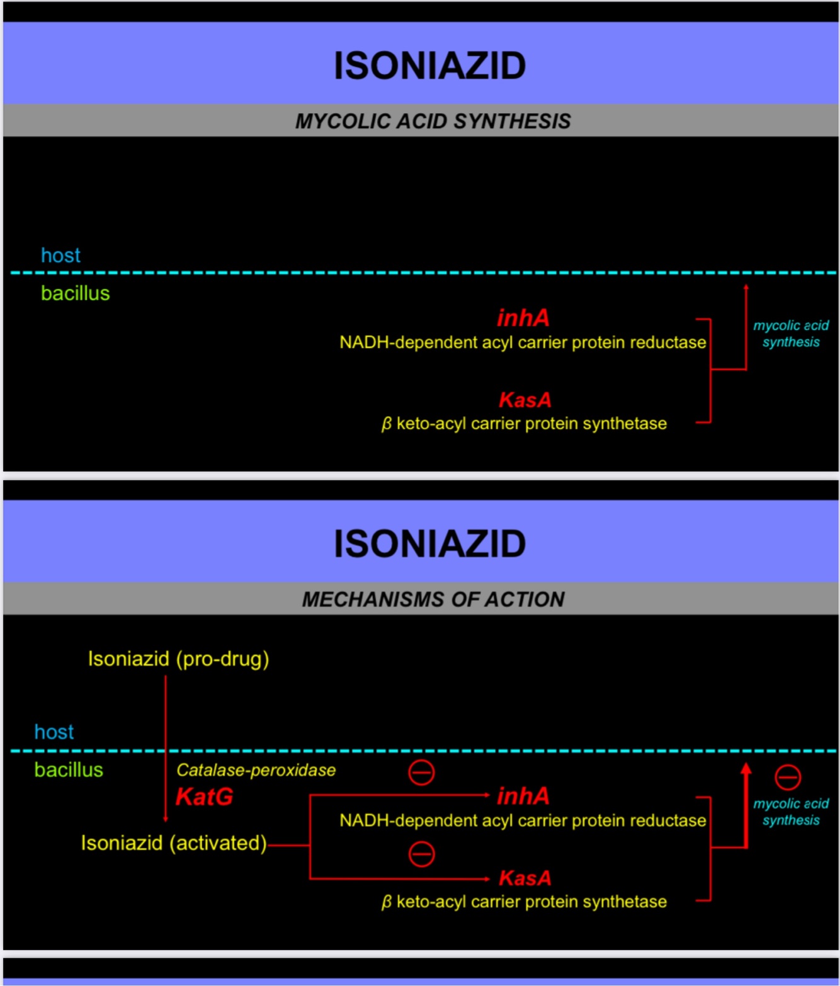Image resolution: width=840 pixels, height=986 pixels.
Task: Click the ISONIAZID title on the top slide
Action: coord(429,65)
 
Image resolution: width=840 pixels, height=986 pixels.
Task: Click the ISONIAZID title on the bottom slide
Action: coord(429,543)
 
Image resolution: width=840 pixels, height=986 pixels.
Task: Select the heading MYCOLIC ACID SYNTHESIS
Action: coord(433,121)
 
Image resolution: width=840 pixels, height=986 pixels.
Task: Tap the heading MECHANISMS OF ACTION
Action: coord(433,599)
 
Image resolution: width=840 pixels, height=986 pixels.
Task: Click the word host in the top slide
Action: coord(60,256)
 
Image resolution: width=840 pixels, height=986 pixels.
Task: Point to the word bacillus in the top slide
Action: coord(75,293)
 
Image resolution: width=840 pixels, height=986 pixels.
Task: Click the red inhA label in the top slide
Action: coord(523,318)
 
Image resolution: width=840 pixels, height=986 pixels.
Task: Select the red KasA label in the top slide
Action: coord(525,400)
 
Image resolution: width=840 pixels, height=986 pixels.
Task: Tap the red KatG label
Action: coord(204,797)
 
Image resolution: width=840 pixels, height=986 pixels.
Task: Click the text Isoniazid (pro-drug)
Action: coord(178,659)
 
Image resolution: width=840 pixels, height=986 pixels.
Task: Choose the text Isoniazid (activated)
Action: coord(174,843)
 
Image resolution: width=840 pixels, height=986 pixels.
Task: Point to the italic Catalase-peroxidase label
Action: coord(256,770)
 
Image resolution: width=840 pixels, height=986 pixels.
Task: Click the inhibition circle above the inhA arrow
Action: coord(421,773)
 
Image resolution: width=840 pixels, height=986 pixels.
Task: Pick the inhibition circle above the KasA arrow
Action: coord(421,854)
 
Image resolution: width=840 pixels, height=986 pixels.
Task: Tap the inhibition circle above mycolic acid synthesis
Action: coord(787,777)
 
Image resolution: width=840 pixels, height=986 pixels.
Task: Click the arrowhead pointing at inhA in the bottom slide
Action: coord(486,796)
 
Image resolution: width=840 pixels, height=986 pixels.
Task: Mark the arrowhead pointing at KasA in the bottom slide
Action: coord(486,878)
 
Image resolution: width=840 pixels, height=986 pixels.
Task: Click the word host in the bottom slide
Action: coord(54,732)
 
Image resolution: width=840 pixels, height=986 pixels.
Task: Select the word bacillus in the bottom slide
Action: coord(68,770)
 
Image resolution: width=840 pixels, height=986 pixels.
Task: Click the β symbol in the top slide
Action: coord(387,424)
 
